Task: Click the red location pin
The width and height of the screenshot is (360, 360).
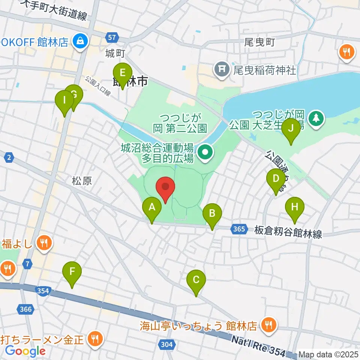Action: click(165, 187)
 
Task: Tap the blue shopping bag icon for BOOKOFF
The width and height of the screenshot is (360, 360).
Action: click(80, 41)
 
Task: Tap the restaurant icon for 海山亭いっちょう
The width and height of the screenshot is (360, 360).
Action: click(268, 325)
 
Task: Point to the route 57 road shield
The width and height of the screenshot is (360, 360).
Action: click(112, 37)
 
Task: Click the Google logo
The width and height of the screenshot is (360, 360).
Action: click(25, 351)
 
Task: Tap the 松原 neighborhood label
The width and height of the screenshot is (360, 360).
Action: click(82, 181)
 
